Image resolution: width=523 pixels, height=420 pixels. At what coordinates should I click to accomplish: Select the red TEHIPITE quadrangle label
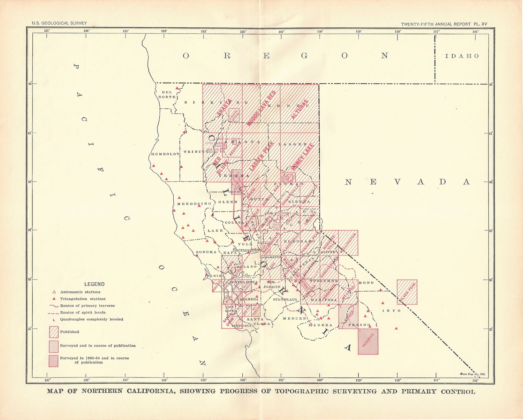[368, 341]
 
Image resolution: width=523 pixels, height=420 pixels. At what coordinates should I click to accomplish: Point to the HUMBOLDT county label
[165, 154]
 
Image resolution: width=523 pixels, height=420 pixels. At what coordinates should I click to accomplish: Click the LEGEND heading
[94, 284]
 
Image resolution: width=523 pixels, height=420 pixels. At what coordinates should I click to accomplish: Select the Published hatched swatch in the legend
[54, 332]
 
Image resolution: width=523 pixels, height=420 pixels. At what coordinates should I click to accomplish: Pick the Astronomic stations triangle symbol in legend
[54, 292]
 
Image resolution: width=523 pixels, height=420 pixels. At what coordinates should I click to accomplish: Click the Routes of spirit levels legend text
[83, 312]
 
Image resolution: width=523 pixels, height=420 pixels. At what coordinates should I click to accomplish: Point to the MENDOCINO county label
[194, 204]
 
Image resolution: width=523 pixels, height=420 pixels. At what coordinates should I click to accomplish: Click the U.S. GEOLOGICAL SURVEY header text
[59, 23]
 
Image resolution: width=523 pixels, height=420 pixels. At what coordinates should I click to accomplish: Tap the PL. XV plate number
[480, 24]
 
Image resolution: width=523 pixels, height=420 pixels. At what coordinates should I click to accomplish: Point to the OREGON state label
[285, 56]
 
